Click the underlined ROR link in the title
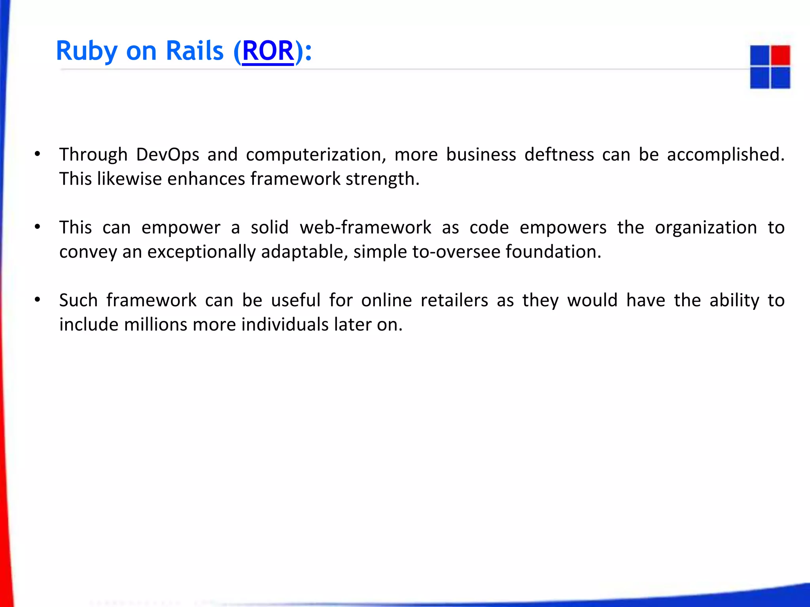click(268, 51)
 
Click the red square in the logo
click(780, 55)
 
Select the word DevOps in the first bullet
click(167, 155)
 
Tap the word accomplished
click(725, 155)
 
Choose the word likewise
click(129, 179)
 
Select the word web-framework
click(365, 228)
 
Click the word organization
click(706, 228)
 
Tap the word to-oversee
click(456, 252)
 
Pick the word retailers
click(454, 300)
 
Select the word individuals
click(285, 325)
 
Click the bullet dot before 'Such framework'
click(38, 300)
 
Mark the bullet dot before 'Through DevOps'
click(38, 154)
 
